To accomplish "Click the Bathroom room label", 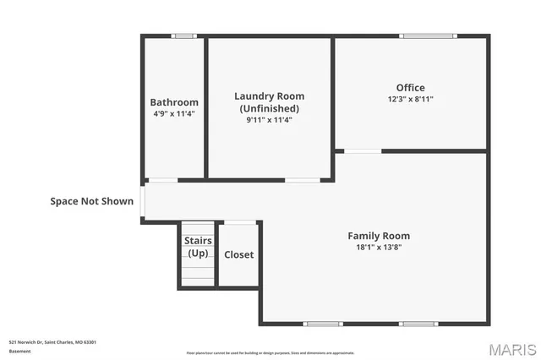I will coord(174,102).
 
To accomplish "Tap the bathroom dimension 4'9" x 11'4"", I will coord(174,113).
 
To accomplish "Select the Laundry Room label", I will coord(269,96).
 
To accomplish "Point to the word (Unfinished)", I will coord(269,108).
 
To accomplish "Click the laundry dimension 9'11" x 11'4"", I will coord(269,120).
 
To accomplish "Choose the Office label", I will coord(411,88).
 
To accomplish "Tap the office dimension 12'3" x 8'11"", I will coord(411,99).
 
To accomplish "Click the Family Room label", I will coord(379,236).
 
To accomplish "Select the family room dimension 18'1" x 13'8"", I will coord(379,248).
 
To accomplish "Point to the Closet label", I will coord(238,254).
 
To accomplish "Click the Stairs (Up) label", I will coord(198,247).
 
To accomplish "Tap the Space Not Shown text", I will coord(91,201).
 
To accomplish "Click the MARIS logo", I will coord(511,349).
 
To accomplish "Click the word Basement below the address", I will coord(19,350).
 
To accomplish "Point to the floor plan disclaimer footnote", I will coord(270,353).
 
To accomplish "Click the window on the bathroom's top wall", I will coord(183,35).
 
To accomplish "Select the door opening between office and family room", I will coord(363,151).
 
